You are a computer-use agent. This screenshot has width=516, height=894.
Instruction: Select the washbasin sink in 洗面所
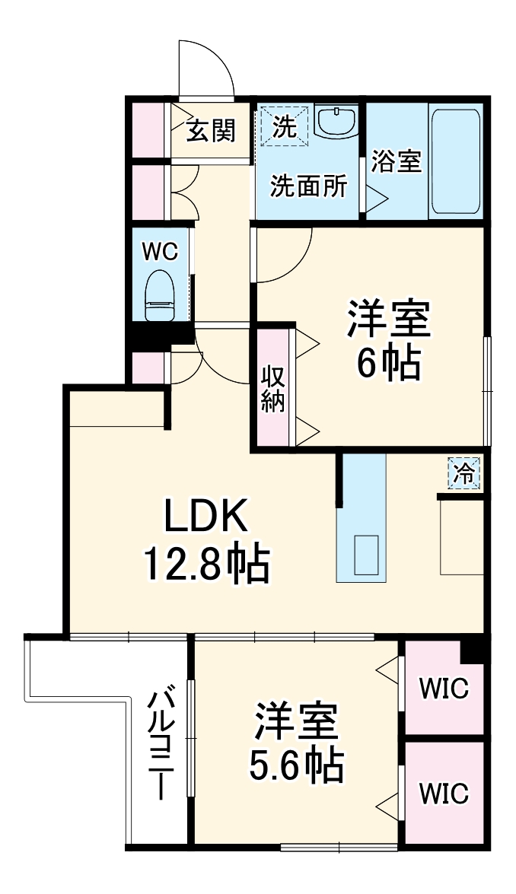pyautogui.click(x=336, y=121)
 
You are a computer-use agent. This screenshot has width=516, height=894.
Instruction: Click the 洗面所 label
pyautogui.click(x=309, y=186)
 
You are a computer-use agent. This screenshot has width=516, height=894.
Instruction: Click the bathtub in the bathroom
pyautogui.click(x=455, y=161)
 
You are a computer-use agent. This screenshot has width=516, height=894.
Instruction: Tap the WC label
pyautogui.click(x=161, y=252)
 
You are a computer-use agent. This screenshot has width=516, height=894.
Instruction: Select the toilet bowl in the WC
pyautogui.click(x=161, y=294)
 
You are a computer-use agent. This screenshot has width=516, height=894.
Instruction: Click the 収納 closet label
pyautogui.click(x=274, y=388)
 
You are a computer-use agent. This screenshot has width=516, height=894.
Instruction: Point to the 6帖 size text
pyautogui.click(x=389, y=366)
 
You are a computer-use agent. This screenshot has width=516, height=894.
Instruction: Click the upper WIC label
pyautogui.click(x=444, y=690)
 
